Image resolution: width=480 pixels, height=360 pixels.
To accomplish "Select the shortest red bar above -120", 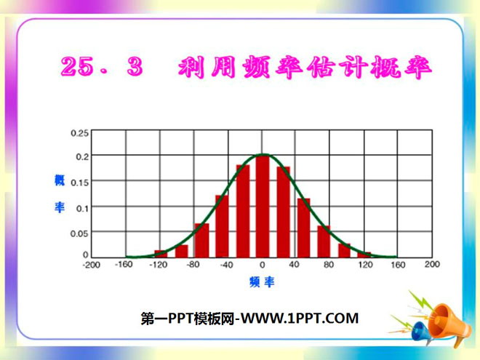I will pos(161,254).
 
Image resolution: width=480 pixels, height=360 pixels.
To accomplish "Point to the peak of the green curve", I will pos(263,154).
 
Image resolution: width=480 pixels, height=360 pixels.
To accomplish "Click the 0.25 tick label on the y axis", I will pos(80,132).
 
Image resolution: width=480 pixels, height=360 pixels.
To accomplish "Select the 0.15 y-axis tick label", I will pos(80,181).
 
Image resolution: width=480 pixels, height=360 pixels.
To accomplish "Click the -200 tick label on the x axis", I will pos(92,265).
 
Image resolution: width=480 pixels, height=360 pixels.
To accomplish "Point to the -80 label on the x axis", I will pos(193,265).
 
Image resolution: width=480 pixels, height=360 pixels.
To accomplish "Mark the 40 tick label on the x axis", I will pos(295,265).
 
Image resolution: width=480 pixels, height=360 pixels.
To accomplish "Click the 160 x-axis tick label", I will pos(399,265).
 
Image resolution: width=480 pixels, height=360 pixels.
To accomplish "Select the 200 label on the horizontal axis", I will pos(432,265).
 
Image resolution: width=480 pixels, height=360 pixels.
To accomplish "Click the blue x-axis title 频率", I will pos(262,282).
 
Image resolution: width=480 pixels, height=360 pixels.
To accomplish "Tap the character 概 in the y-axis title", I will pos(60,180).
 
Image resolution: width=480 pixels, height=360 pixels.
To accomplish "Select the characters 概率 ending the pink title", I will pos(401,67).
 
